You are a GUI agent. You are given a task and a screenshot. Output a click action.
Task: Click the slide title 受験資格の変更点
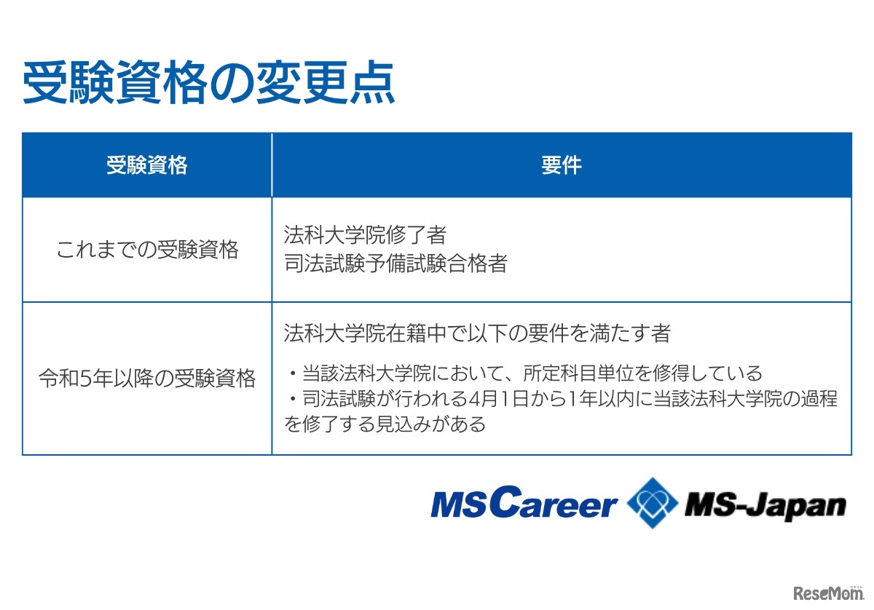click(x=208, y=84)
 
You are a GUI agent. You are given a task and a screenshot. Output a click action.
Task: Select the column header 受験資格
click(x=146, y=165)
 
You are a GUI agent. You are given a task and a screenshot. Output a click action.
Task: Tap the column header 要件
click(x=561, y=165)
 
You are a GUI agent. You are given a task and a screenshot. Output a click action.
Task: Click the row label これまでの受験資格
click(x=147, y=250)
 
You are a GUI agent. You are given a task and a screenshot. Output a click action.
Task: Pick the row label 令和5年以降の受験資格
click(x=147, y=379)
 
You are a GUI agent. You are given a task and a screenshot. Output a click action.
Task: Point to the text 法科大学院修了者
click(x=365, y=235)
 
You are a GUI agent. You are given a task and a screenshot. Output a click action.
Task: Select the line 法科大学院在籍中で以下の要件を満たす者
click(x=477, y=333)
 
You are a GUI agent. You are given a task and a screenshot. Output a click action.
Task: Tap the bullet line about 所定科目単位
click(x=524, y=374)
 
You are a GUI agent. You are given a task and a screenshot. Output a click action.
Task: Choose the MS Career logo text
click(x=523, y=504)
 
